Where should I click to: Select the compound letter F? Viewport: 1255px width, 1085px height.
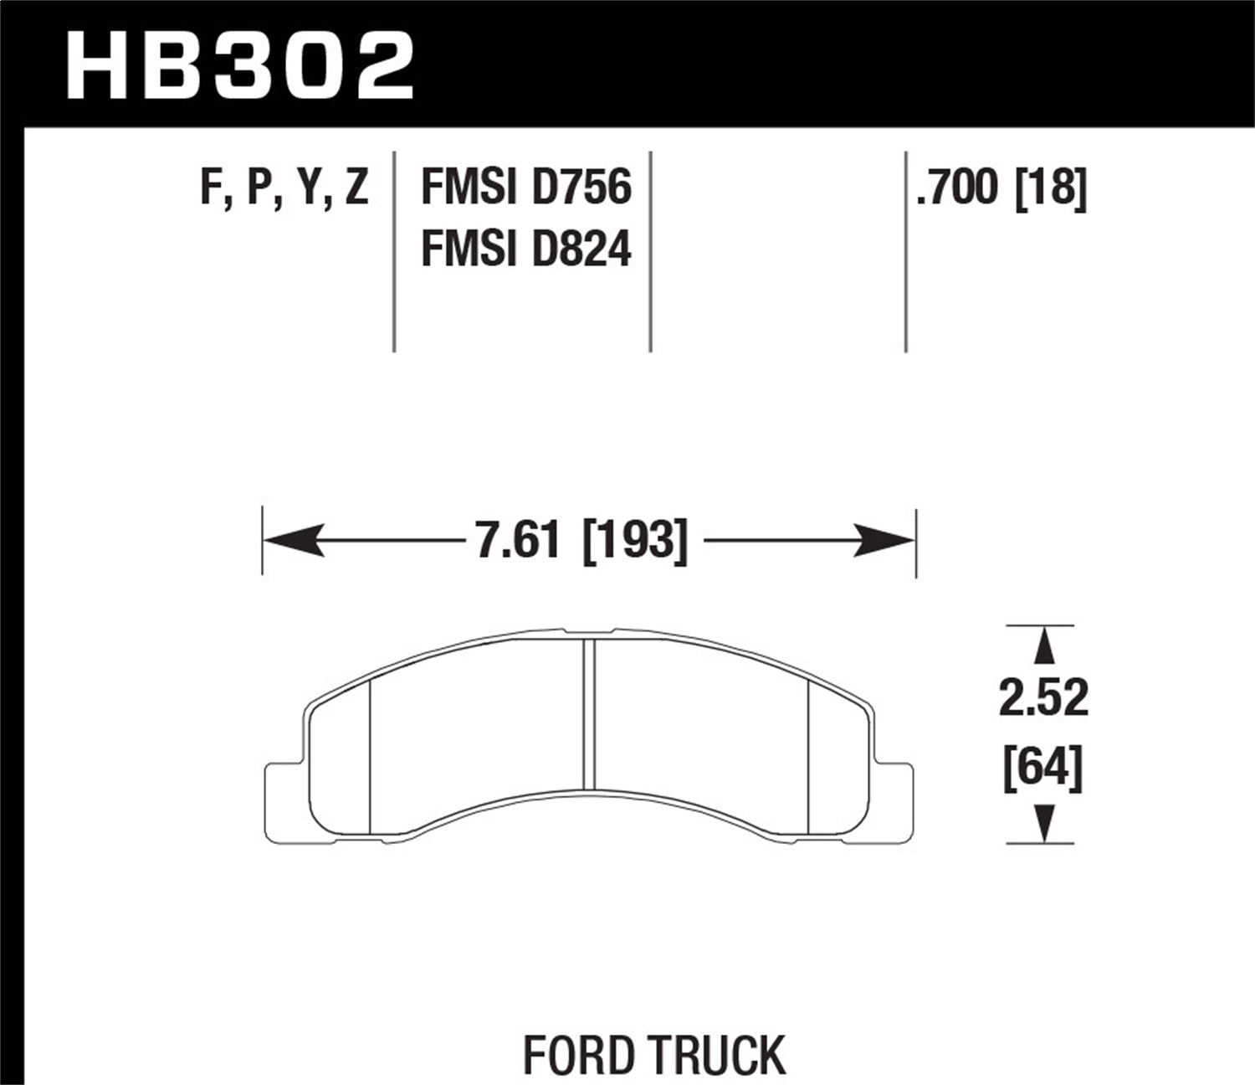pos(211,187)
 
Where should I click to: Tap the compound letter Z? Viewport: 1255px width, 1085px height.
pos(356,187)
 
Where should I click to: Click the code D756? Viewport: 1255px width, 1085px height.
pos(581,187)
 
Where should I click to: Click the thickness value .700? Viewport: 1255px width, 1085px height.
pos(958,187)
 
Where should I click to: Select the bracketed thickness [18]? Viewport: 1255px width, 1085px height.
pos(1050,187)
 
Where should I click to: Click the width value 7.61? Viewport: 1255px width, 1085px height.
pos(517,541)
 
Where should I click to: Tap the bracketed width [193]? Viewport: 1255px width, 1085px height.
pos(634,541)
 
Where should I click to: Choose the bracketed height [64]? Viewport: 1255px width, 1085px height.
pos(1043,768)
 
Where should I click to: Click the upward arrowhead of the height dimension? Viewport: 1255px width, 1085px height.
pos(1042,646)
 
